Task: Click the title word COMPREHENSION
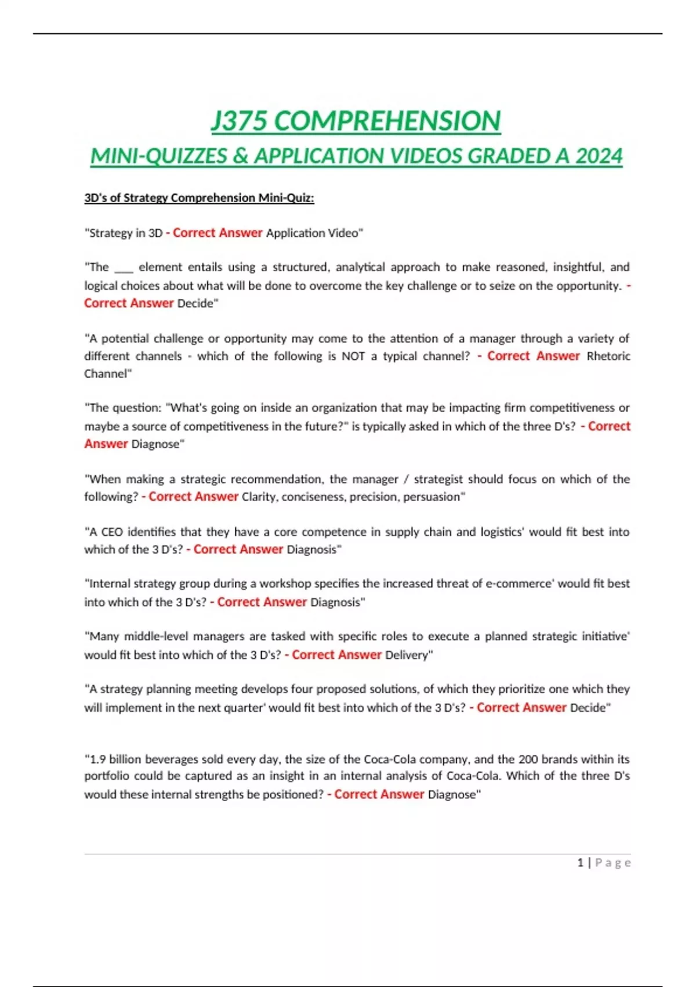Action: (387, 121)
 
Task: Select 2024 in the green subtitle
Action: (599, 156)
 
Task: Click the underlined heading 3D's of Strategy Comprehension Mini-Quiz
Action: (199, 198)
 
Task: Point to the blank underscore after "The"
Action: (124, 268)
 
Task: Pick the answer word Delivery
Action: (407, 655)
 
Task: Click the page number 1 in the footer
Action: (580, 863)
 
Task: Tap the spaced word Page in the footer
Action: (613, 863)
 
